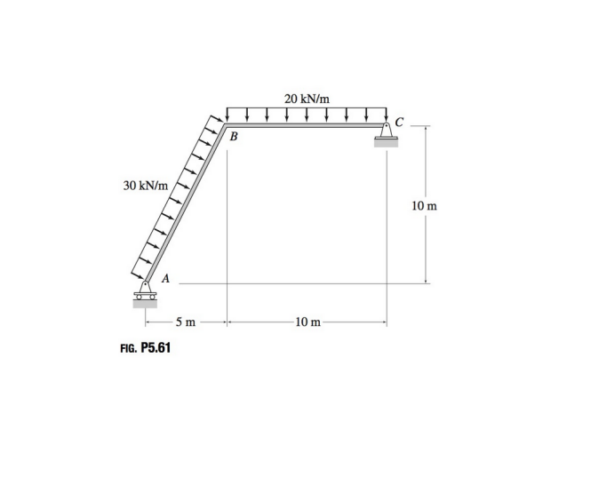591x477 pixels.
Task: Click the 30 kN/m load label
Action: [x=146, y=187]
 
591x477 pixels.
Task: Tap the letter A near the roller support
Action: [x=165, y=277]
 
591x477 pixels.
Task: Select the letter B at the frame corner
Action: [x=234, y=138]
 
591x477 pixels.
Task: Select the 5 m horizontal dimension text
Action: [x=185, y=321]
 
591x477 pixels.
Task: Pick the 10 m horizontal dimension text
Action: [x=307, y=321]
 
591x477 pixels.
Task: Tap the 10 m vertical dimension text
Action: [x=425, y=207]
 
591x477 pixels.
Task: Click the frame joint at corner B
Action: [x=226, y=126]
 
